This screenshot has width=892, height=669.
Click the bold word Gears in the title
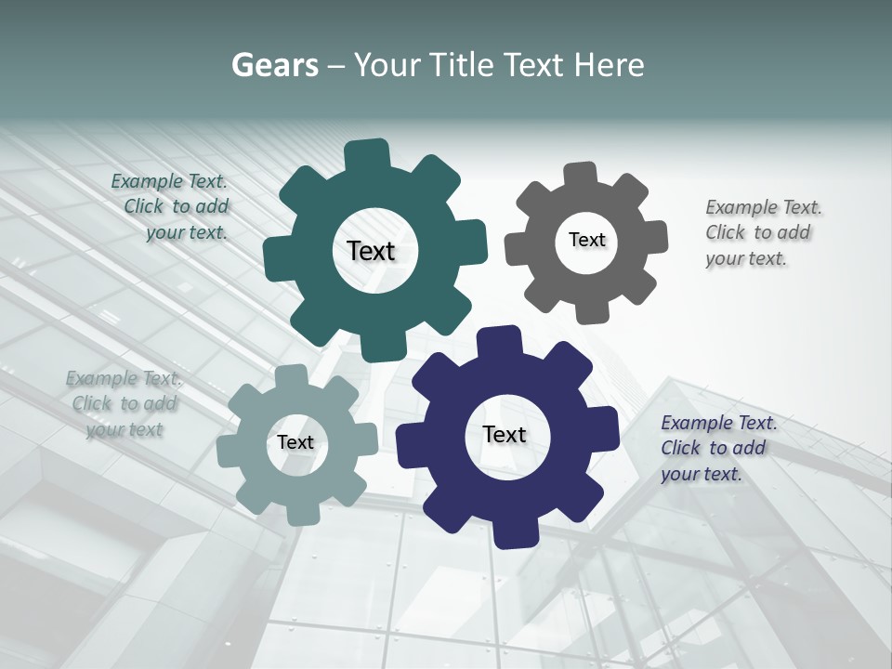[275, 65]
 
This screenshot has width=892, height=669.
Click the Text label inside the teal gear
[371, 251]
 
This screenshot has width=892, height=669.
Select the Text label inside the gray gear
[586, 240]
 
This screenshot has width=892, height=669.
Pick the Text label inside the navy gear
[505, 435]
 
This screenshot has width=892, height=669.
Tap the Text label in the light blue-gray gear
[295, 443]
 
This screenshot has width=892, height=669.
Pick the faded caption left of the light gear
[124, 403]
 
